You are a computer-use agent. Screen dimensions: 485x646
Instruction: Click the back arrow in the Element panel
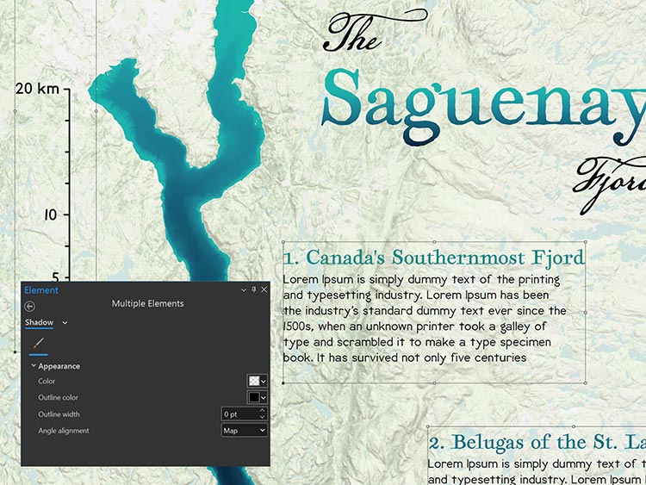[x=30, y=305]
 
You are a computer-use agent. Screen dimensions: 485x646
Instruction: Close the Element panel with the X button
[x=264, y=290]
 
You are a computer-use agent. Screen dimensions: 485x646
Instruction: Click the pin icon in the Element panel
[x=253, y=290]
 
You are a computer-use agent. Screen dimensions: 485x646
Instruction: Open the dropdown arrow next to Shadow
[x=65, y=323]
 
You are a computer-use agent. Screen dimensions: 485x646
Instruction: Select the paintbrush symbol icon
[x=40, y=344]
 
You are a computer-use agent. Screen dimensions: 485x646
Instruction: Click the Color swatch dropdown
[x=258, y=381]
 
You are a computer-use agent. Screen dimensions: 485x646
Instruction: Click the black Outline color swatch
[x=253, y=397]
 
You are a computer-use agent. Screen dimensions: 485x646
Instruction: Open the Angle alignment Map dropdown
[x=244, y=430]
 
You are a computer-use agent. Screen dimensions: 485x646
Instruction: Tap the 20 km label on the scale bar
[x=36, y=89]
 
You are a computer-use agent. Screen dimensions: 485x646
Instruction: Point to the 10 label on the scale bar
[x=49, y=215]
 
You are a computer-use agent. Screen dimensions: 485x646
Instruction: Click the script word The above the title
[x=352, y=35]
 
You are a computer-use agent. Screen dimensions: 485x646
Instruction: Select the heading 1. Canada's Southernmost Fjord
[x=434, y=258]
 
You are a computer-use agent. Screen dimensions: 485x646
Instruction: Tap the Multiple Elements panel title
[x=147, y=303]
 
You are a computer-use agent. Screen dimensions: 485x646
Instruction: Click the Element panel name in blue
[x=41, y=290]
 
